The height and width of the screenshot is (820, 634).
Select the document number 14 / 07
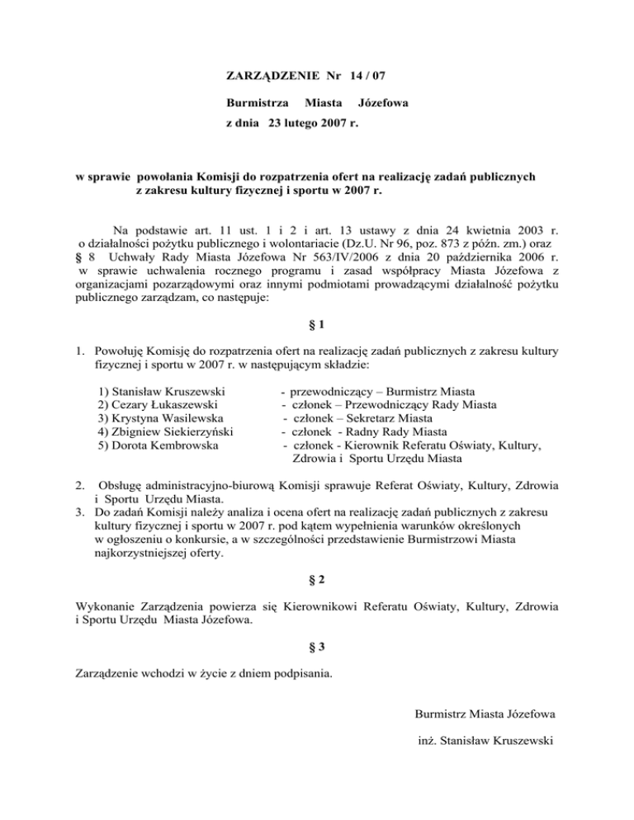tap(365, 77)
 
